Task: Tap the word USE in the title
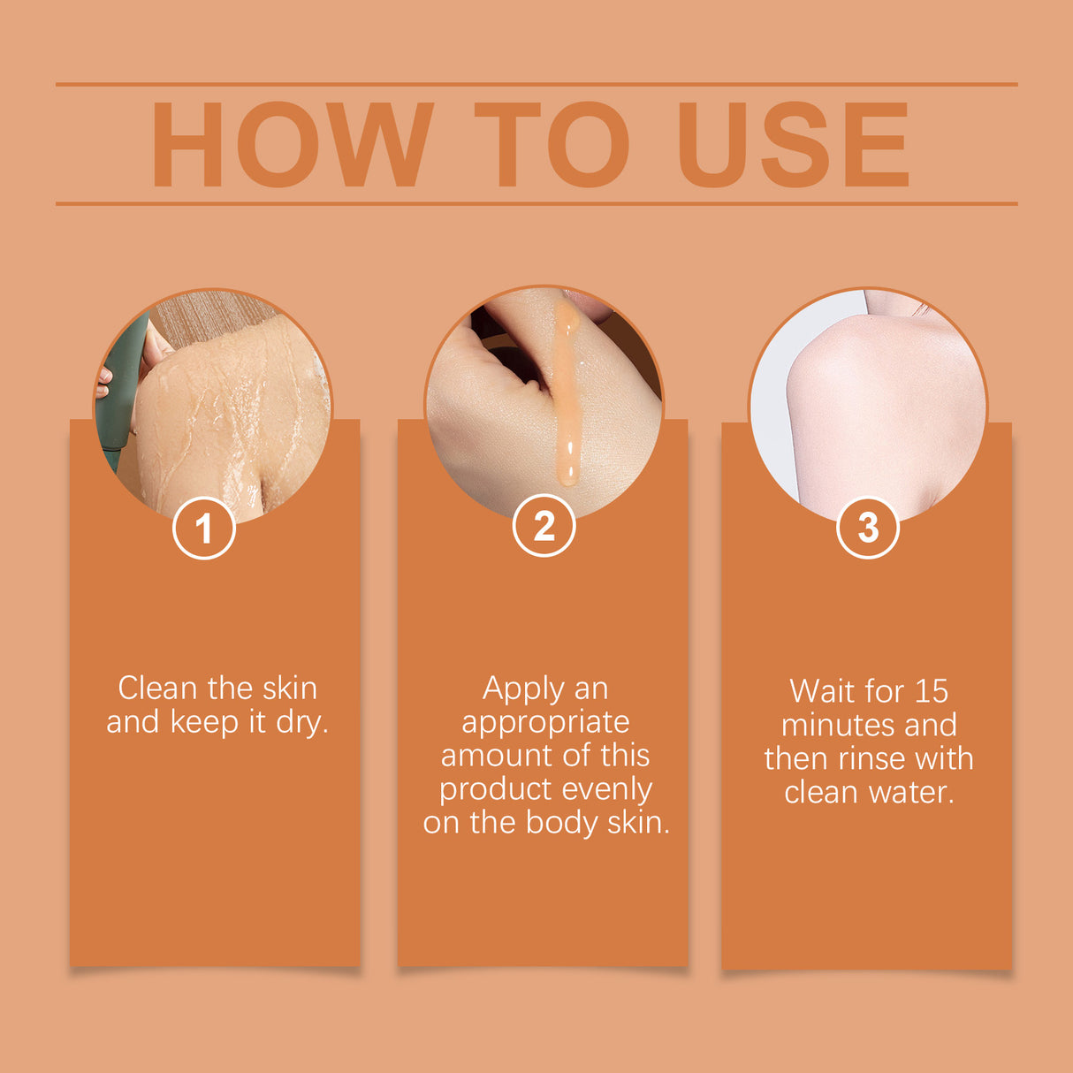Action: point(793,145)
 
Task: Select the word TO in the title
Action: point(552,145)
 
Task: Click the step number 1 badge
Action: point(204,529)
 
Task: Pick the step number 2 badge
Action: point(544,526)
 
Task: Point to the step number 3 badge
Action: point(867,528)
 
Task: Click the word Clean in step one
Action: point(156,688)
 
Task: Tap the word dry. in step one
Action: point(302,722)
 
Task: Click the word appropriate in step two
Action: point(545,722)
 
